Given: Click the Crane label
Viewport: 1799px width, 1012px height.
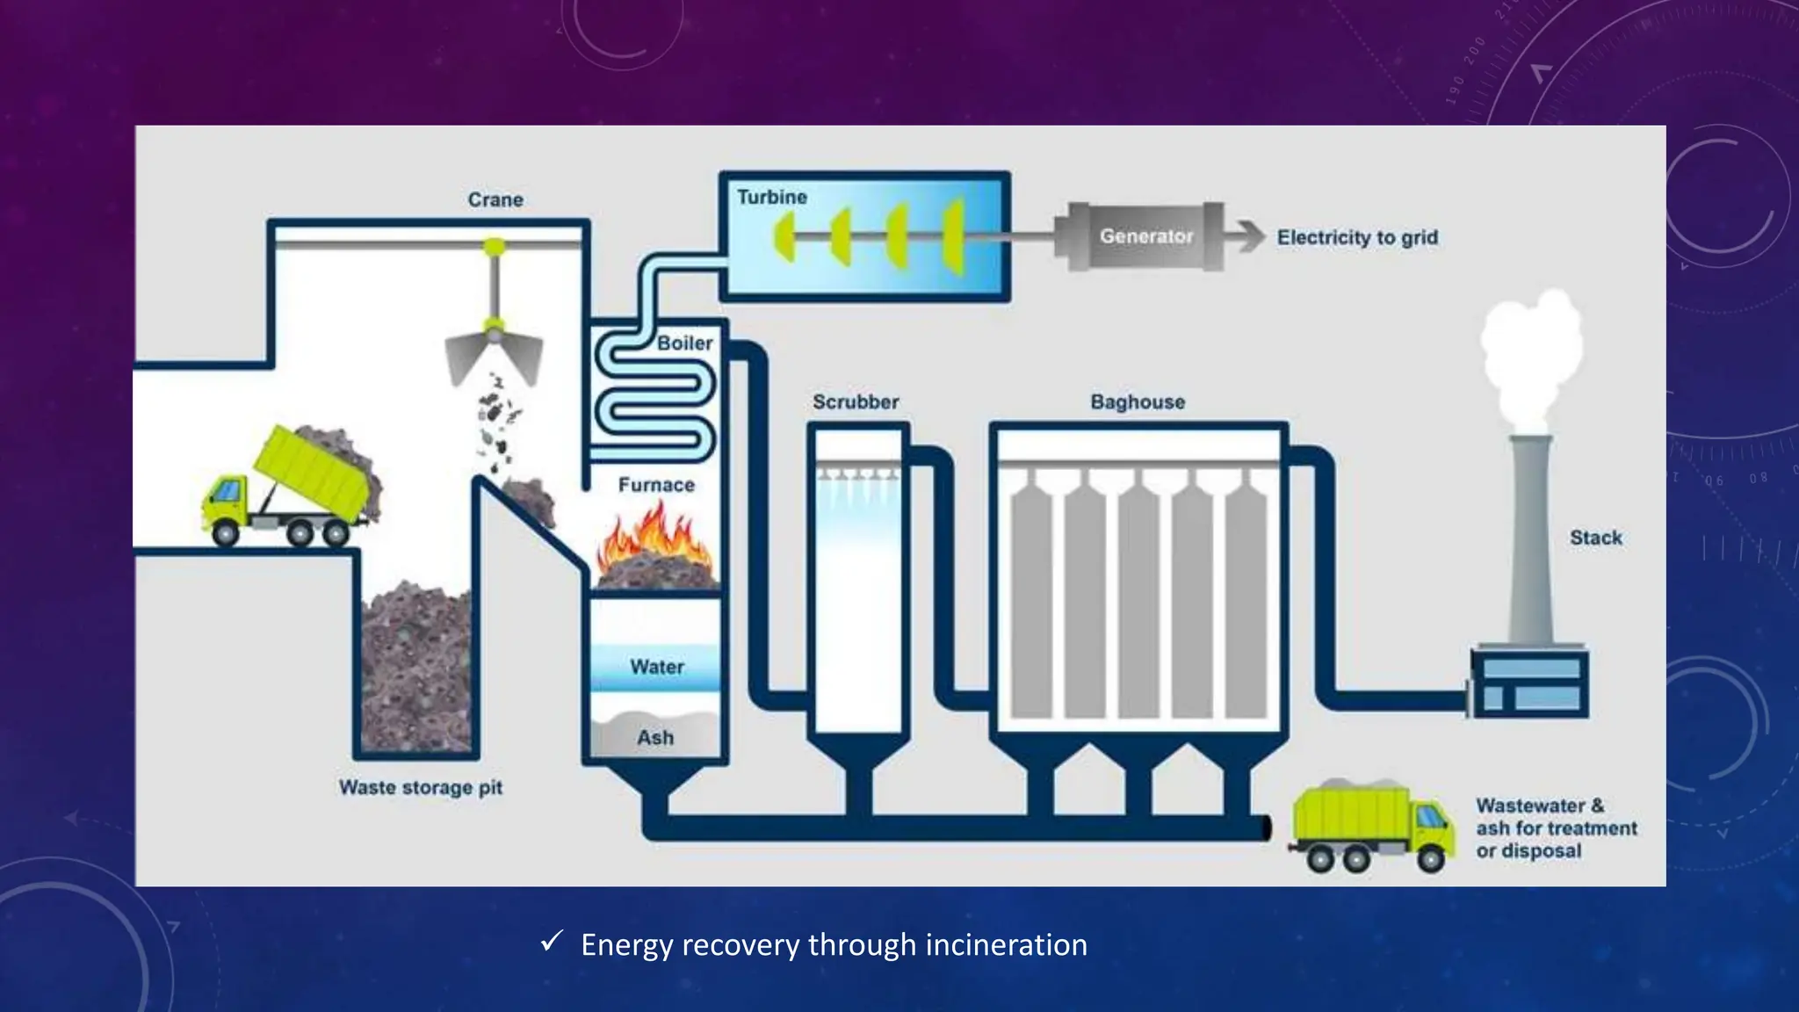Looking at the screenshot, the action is point(495,199).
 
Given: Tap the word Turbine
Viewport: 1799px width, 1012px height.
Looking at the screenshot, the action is point(772,197).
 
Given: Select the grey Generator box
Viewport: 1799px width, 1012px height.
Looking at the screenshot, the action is point(1139,236).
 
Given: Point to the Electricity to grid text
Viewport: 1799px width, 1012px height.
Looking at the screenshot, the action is point(1357,237).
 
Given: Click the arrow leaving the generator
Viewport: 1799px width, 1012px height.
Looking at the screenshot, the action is point(1246,236).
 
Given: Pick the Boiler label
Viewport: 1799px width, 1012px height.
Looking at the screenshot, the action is point(685,343).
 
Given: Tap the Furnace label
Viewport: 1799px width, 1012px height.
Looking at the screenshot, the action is point(656,485).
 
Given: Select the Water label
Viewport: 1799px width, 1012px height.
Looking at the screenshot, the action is point(657,667).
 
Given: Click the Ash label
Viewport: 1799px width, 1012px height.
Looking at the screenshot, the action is point(655,738).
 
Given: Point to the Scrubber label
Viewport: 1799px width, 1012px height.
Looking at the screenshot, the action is point(856,401).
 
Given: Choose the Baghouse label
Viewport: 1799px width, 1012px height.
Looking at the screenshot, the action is point(1138,401).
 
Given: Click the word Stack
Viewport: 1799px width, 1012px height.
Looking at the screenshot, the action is point(1596,538).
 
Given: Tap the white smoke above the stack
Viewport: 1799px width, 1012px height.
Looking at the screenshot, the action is point(1531,360).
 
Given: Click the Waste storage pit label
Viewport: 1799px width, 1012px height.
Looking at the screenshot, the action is point(421,787).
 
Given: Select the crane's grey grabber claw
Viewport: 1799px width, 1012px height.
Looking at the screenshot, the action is point(495,355).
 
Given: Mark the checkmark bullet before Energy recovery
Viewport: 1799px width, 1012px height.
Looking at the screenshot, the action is point(552,942).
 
